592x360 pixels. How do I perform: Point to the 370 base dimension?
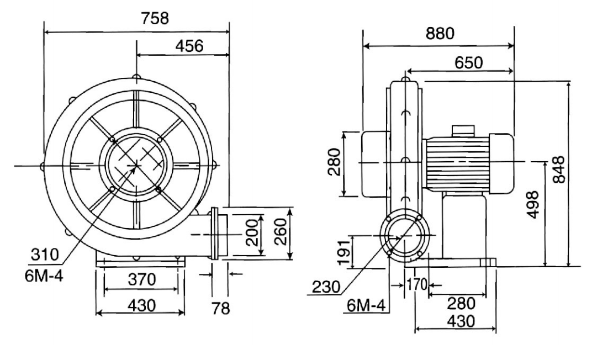[x=140, y=280]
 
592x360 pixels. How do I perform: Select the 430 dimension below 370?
[x=140, y=304]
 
